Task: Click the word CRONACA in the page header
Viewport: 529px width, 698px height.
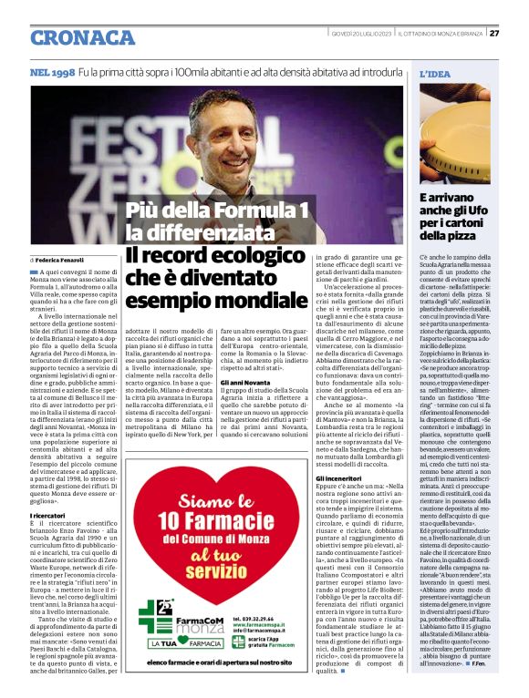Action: (82, 36)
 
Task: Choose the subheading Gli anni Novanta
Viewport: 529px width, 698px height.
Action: (245, 382)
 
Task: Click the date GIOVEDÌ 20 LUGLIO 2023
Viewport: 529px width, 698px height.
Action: (363, 34)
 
